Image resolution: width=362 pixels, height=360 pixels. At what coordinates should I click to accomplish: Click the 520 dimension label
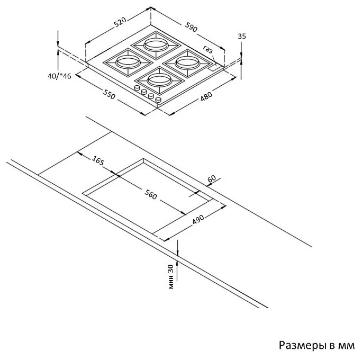pyautogui.click(x=121, y=22)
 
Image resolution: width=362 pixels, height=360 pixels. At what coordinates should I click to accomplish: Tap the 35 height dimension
pyautogui.click(x=242, y=36)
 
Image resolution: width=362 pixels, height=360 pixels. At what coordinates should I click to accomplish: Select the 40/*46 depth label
pyautogui.click(x=60, y=76)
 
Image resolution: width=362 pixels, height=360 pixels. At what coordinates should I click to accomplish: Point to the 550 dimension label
pyautogui.click(x=108, y=94)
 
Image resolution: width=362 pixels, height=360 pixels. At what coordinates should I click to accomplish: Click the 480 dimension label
pyautogui.click(x=206, y=96)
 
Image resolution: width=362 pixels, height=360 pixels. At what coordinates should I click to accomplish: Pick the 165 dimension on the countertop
pyautogui.click(x=98, y=160)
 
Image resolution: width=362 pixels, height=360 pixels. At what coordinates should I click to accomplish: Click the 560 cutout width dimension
pyautogui.click(x=150, y=194)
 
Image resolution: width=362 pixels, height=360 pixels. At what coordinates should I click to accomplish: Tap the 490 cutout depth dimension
pyautogui.click(x=198, y=219)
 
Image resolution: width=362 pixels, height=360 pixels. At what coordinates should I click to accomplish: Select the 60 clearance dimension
pyautogui.click(x=212, y=178)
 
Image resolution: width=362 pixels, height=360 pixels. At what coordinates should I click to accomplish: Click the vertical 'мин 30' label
pyautogui.click(x=170, y=277)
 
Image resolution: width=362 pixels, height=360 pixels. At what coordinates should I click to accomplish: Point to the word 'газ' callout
pyautogui.click(x=207, y=49)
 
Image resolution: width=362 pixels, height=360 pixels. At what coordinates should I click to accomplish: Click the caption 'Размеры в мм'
pyautogui.click(x=316, y=345)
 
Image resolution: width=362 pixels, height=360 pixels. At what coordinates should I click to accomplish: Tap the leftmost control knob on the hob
pyautogui.click(x=137, y=88)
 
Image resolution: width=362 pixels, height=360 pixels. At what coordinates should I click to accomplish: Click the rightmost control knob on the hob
pyautogui.click(x=158, y=100)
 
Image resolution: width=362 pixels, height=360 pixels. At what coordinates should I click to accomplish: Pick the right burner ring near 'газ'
pyautogui.click(x=187, y=62)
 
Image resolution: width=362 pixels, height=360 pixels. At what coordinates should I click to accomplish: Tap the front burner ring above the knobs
pyautogui.click(x=160, y=79)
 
